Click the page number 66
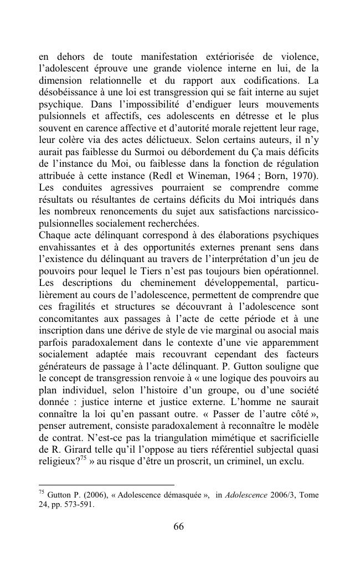[x=178, y=526]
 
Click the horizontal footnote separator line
[x=106, y=485]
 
